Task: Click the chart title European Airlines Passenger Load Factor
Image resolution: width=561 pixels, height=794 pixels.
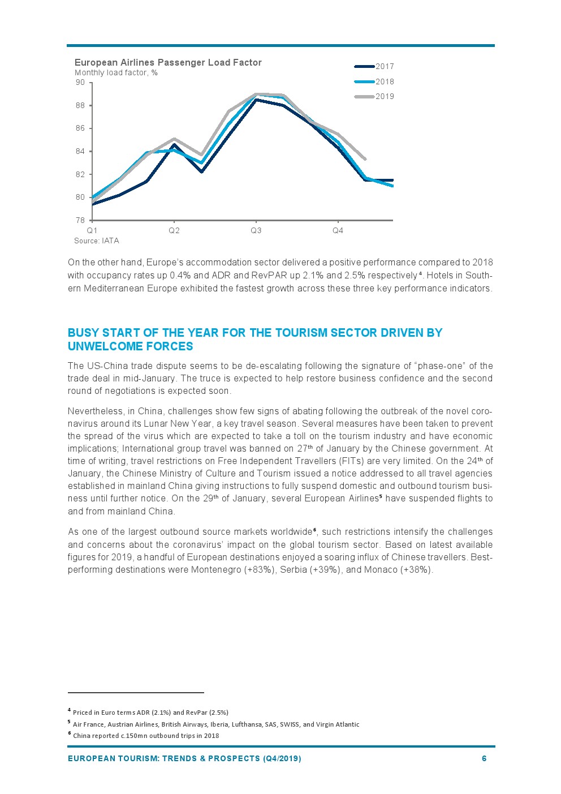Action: click(x=168, y=63)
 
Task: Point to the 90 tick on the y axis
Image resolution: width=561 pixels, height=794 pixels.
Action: click(x=80, y=83)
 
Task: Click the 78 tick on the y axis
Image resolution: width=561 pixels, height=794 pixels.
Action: click(x=80, y=220)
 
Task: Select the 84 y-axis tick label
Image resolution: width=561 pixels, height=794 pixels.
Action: click(x=80, y=152)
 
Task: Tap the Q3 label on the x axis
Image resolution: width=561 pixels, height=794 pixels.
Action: click(x=256, y=231)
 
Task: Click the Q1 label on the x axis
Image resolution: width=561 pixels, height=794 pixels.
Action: click(x=92, y=231)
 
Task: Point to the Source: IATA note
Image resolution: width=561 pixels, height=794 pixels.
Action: click(x=97, y=241)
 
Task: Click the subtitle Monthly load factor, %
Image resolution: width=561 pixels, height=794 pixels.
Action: click(x=116, y=73)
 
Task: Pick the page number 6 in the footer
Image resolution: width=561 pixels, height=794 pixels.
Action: click(x=484, y=758)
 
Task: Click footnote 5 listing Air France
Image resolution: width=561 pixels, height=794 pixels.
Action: click(x=215, y=724)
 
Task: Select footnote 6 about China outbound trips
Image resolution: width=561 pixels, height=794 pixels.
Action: click(x=145, y=736)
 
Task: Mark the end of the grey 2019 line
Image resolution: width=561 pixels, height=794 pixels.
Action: click(x=365, y=160)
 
